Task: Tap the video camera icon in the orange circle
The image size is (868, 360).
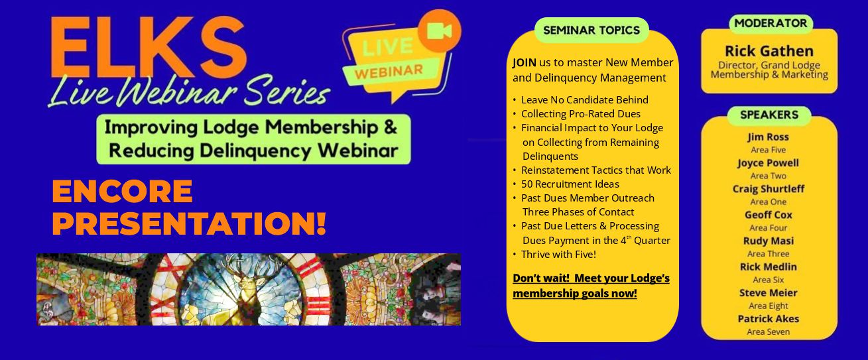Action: tap(439, 30)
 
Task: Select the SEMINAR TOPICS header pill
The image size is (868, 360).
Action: tap(591, 30)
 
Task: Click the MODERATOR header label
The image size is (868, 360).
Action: tap(771, 23)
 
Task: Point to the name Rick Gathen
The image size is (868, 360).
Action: tap(769, 51)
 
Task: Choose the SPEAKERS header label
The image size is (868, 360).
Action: tap(769, 115)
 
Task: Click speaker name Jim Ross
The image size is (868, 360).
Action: tap(768, 137)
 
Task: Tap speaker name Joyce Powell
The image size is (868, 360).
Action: tap(768, 162)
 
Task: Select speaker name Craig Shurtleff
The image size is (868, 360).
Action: tap(768, 189)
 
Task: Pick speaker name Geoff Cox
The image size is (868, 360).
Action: tap(768, 215)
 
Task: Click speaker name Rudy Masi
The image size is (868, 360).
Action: tap(768, 241)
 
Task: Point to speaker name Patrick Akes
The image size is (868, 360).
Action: tap(768, 318)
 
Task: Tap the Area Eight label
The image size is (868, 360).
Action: tap(768, 306)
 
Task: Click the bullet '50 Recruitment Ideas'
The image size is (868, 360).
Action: tap(570, 184)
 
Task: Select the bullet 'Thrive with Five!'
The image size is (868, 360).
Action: tap(558, 254)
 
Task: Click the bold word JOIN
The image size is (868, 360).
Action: tap(525, 62)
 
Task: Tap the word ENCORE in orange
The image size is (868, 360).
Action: tap(123, 191)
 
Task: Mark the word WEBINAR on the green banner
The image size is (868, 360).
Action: tap(389, 72)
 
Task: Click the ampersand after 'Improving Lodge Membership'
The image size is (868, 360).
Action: tap(390, 127)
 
